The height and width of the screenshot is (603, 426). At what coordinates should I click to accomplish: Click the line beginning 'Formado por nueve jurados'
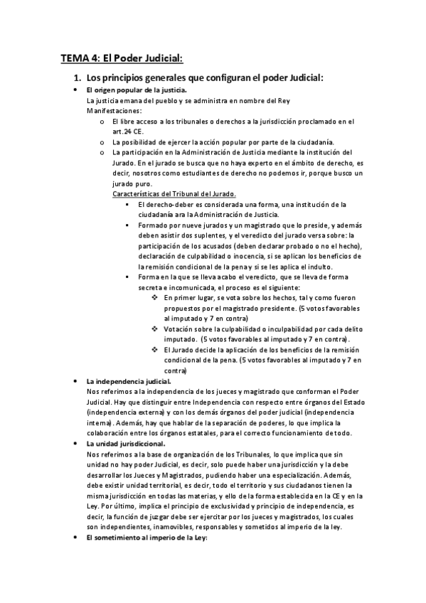(249, 225)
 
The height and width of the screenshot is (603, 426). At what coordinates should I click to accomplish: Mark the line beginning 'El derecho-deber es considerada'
(242, 204)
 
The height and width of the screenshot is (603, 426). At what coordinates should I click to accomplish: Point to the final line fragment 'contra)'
(175, 370)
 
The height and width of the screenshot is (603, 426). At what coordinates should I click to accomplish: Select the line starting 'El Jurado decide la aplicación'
(256, 350)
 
